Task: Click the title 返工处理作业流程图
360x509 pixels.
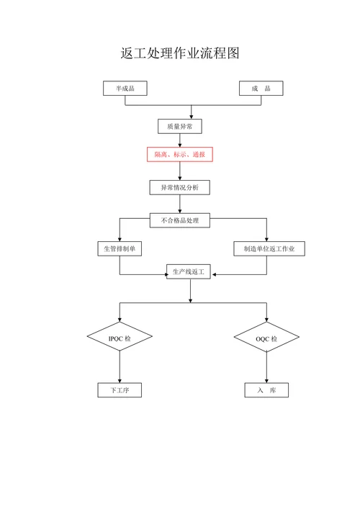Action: coord(179,53)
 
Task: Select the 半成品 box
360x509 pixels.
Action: coord(125,89)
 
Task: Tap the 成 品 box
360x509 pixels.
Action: coord(261,89)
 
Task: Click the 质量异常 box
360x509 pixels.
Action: coord(179,126)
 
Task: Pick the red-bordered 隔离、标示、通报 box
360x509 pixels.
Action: coord(179,154)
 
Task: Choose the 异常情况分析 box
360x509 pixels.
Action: coord(179,188)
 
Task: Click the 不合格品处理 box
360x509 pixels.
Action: coord(179,220)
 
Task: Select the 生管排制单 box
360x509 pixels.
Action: coord(120,248)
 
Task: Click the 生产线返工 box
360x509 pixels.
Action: coord(189,271)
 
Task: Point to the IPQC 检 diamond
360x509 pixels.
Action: coord(120,338)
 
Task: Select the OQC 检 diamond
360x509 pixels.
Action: coord(266,338)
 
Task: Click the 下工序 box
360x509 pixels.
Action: coord(120,390)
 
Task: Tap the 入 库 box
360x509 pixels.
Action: coord(266,390)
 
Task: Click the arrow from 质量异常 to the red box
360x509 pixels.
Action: coord(179,140)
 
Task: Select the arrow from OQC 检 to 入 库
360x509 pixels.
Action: coord(266,368)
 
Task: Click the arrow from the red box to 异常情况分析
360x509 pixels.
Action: coord(179,171)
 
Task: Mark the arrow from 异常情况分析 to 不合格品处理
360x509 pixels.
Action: coord(179,204)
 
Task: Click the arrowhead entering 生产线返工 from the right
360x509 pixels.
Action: coord(216,274)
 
